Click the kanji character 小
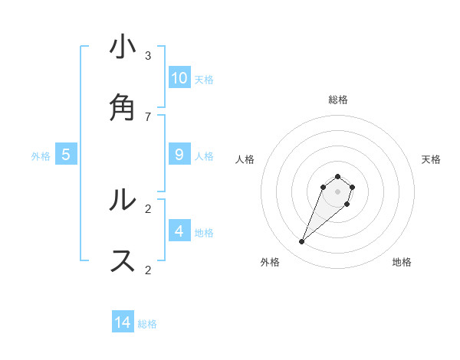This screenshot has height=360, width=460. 123,48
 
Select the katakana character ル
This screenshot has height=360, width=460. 123,200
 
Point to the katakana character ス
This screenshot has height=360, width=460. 123,260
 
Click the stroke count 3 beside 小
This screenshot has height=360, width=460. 148,56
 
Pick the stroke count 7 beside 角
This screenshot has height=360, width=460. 148,116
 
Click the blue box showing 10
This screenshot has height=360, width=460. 179,77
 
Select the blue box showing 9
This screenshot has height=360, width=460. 179,155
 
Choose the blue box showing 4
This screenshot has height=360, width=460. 179,231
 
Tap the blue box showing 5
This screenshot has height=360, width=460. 66,155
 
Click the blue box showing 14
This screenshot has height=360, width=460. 123,322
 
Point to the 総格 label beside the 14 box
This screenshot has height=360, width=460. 147,324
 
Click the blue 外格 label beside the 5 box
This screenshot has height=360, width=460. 41,156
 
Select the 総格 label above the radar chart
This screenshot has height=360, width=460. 337,100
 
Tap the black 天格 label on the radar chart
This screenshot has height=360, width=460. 431,159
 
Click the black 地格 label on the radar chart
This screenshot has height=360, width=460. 402,263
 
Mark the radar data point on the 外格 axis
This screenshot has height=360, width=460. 302,242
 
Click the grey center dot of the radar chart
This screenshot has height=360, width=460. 337,191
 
